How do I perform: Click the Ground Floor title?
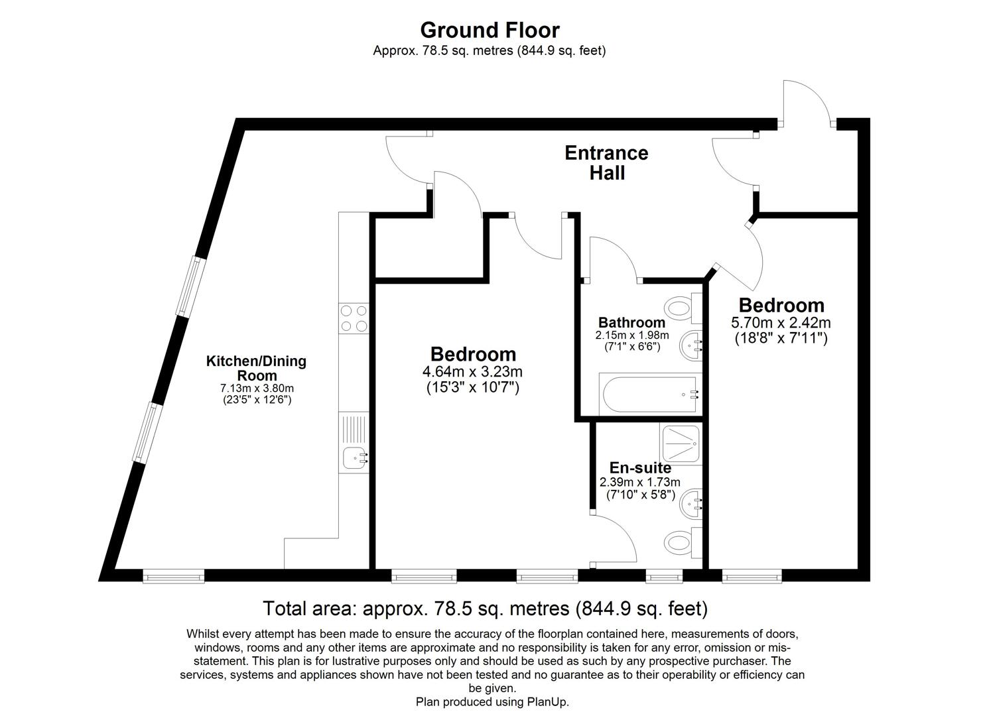pos(490,30)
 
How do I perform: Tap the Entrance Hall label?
pos(606,162)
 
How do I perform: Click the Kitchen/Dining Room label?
pos(256,368)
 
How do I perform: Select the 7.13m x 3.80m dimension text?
pos(257,388)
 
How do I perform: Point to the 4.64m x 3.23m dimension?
pos(473,372)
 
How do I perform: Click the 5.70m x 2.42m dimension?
pos(781,323)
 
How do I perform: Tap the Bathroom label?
pos(631,323)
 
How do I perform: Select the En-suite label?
pos(640,467)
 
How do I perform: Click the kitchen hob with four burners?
pos(354,318)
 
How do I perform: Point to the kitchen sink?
pos(354,456)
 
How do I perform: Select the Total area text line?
pos(485,608)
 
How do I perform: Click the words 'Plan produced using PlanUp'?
pos(492,701)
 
